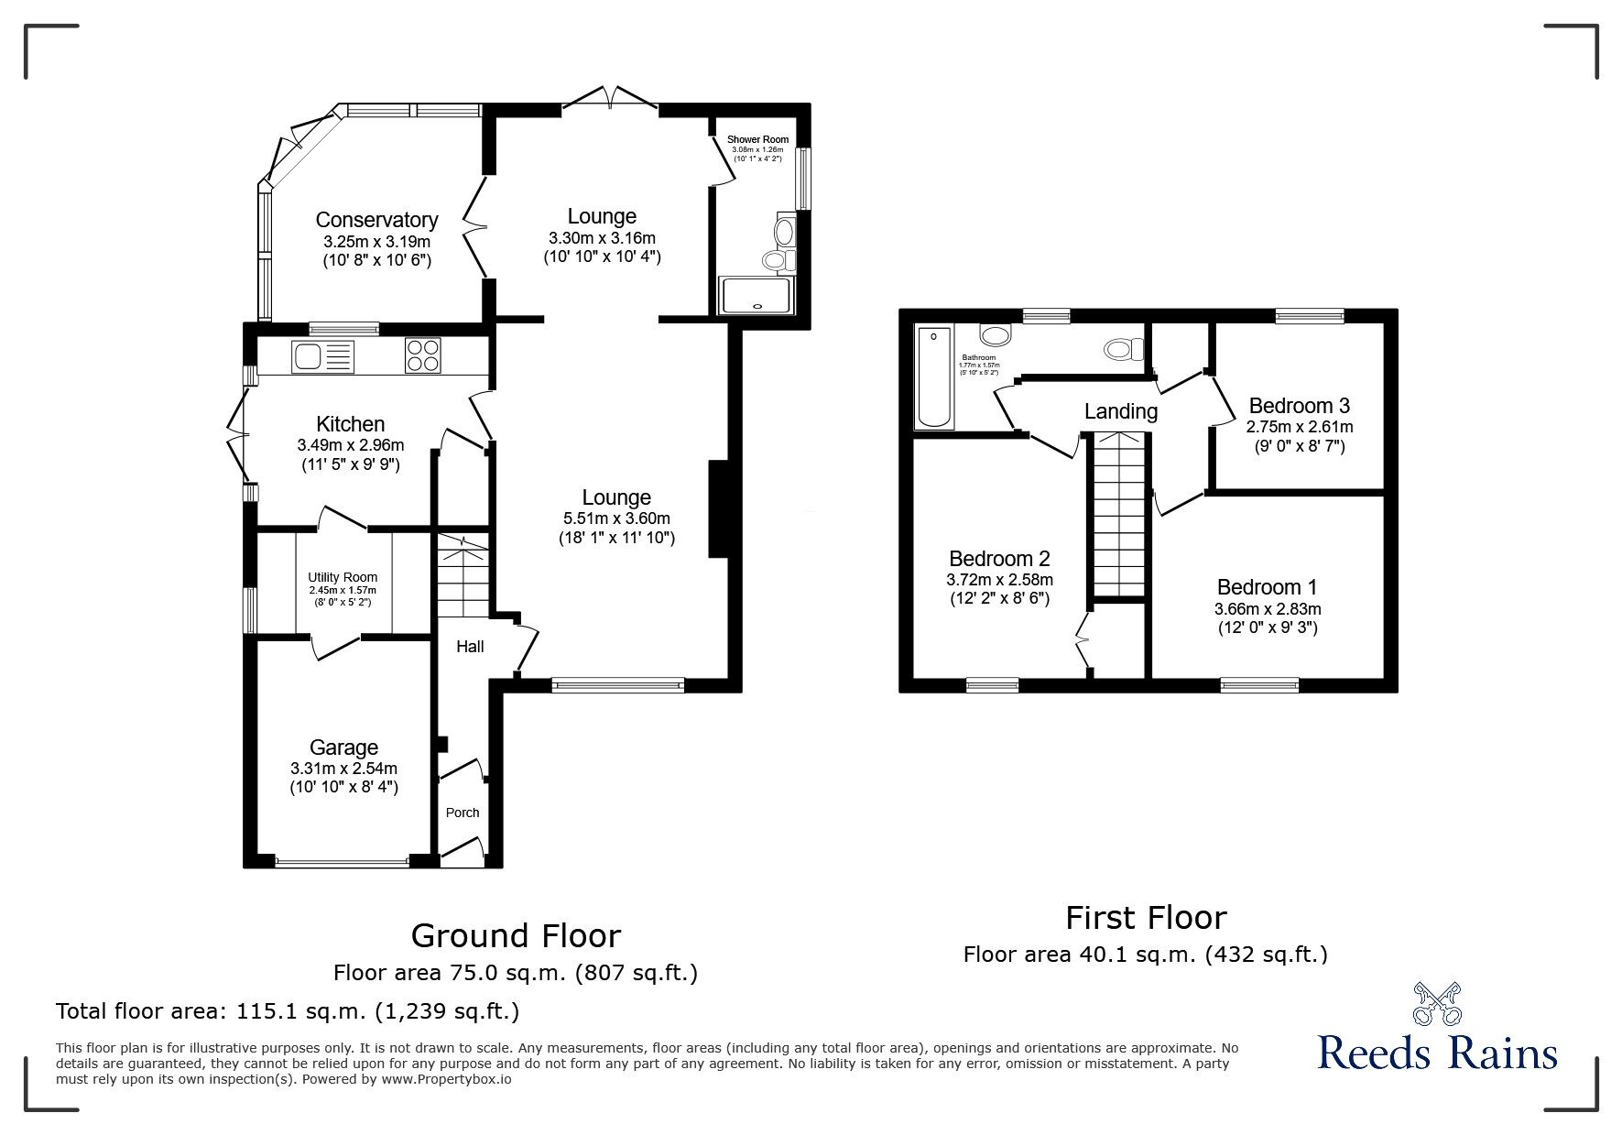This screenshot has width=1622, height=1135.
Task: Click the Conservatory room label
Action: point(376,220)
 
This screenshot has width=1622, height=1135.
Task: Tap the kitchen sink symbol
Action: point(321,356)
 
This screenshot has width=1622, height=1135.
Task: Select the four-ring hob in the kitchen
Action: point(423,355)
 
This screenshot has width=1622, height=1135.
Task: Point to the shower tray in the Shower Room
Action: point(756,296)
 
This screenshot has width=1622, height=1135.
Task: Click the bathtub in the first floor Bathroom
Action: point(934,377)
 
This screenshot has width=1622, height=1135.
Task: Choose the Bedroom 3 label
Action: point(1299,405)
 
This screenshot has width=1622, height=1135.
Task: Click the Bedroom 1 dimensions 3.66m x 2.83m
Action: point(1268,608)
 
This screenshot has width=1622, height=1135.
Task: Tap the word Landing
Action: point(1120,411)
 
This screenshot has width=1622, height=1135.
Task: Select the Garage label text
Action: point(343,748)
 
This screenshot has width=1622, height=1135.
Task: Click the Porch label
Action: point(463,813)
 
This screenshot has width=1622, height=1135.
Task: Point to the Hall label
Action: point(470,647)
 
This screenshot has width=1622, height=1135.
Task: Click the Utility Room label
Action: point(343,577)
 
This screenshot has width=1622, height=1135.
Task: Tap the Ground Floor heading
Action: point(516,935)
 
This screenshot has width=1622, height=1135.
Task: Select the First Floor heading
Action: point(1145,917)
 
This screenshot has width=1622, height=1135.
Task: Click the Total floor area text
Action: point(288,1011)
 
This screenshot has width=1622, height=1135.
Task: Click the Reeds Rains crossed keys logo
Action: point(1437,1003)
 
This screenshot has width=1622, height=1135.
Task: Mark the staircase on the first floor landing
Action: point(1117,513)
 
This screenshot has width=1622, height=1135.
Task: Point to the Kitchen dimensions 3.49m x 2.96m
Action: point(350,445)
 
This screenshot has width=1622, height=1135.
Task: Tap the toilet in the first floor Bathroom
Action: point(1124,349)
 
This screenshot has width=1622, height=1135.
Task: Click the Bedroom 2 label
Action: point(998,559)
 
